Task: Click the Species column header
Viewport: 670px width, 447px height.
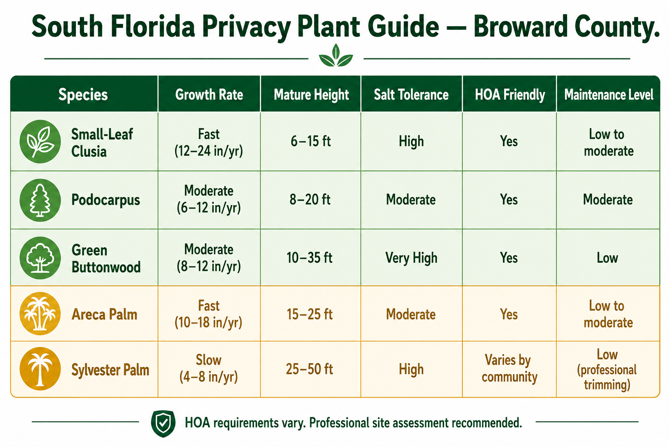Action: point(83,95)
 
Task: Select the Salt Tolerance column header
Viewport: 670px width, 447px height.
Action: point(411,95)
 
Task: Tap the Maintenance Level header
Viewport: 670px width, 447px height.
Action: point(608,95)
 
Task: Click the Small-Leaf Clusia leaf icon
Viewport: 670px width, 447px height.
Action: point(40,141)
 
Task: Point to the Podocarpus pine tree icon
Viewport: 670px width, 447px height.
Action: point(40,200)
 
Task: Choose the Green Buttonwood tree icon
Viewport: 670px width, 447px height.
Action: point(40,258)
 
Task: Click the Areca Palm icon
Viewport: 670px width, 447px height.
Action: point(40,313)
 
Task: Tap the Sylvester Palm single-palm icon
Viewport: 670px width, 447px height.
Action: point(40,368)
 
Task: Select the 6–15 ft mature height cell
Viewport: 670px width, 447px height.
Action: point(311,141)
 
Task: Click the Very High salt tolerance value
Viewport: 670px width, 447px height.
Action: point(411,258)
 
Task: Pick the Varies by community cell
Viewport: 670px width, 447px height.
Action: point(509,368)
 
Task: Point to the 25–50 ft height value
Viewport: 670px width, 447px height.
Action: point(309,369)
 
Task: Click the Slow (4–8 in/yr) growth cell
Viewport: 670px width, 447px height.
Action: point(209,368)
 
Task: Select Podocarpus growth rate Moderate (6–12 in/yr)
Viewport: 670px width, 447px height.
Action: point(209,199)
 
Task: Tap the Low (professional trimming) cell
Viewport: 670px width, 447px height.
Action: point(607,369)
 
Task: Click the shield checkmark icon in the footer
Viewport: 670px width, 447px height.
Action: point(163,423)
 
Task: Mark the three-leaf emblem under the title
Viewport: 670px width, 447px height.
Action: point(336,55)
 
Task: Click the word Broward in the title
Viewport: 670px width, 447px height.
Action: point(521,27)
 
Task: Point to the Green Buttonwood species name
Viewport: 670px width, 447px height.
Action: point(106,258)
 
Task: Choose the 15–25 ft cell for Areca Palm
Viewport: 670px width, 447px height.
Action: point(310,314)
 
